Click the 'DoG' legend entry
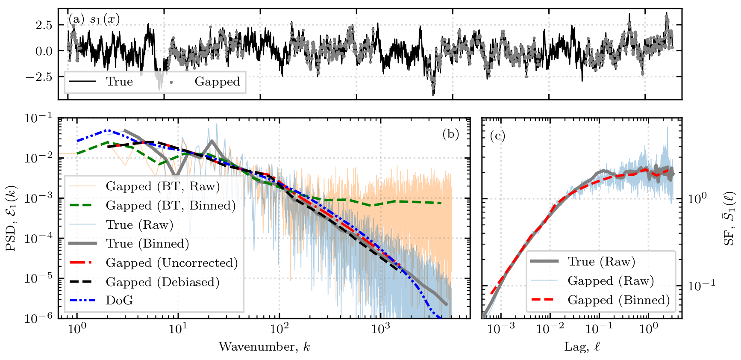[x=119, y=301]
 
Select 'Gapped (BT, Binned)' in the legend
[x=171, y=206]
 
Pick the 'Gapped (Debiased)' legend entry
[x=162, y=282]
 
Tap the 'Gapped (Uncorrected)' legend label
[x=172, y=263]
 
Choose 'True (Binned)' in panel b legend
[x=147, y=244]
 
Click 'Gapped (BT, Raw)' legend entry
[x=163, y=186]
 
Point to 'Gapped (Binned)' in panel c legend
[x=618, y=300]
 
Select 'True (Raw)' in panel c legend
[x=601, y=262]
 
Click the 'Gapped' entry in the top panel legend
[x=217, y=82]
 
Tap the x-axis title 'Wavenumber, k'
[x=265, y=346]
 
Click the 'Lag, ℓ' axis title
[x=582, y=346]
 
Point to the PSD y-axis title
[x=10, y=218]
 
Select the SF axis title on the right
[x=729, y=218]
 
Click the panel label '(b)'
[x=451, y=134]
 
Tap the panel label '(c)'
[x=497, y=136]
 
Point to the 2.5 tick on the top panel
[x=44, y=25]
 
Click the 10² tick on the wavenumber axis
[x=279, y=328]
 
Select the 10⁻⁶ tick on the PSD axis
[x=38, y=318]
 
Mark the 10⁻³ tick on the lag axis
[x=501, y=328]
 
